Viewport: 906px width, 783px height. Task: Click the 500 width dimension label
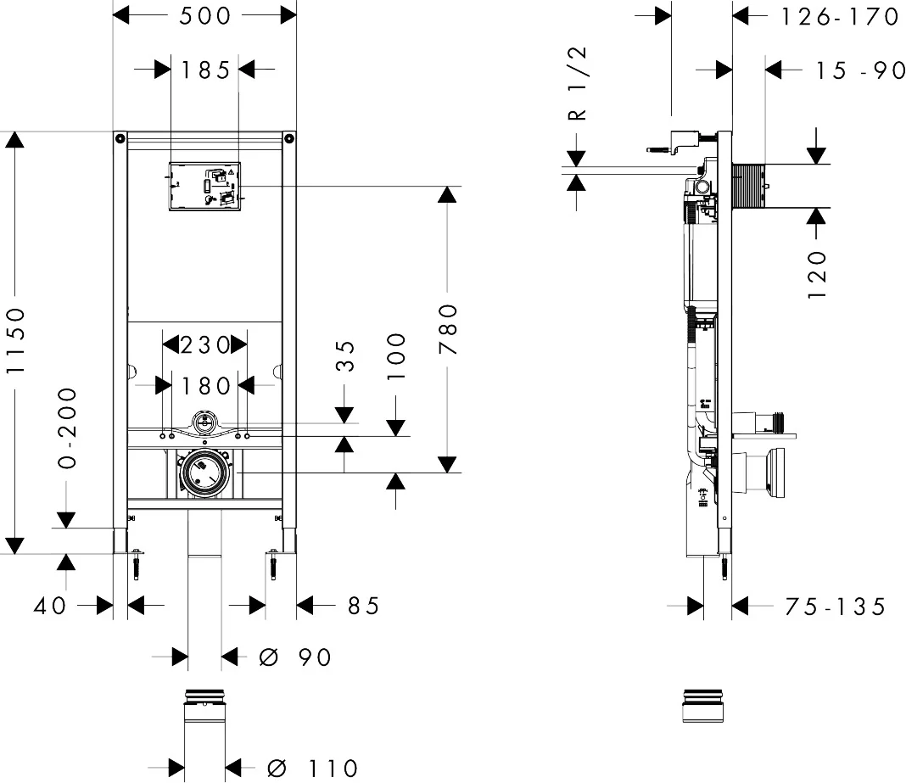(205, 16)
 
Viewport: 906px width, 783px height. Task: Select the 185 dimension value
(205, 70)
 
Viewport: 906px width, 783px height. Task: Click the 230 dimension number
(204, 344)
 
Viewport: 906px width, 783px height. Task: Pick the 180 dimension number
(204, 386)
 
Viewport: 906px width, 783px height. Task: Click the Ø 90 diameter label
(294, 657)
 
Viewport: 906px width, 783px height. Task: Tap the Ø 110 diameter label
(312, 769)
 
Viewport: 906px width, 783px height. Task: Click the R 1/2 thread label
(576, 85)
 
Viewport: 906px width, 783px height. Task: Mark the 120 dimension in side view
(816, 273)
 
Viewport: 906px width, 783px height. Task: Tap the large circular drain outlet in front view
(204, 472)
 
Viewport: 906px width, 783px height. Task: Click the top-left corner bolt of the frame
(120, 137)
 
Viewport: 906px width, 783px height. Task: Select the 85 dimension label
(362, 606)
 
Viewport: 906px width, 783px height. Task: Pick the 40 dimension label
(52, 606)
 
